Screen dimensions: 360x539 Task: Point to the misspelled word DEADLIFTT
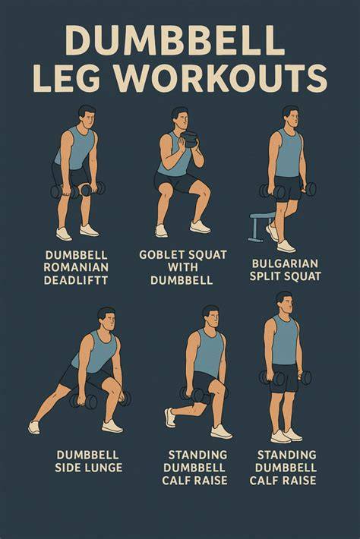click(x=76, y=280)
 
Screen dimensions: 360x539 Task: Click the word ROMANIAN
click(x=77, y=267)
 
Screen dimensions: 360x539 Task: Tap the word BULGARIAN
click(x=285, y=263)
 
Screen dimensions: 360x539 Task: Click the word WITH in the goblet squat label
click(x=183, y=267)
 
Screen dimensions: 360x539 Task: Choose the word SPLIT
click(x=265, y=276)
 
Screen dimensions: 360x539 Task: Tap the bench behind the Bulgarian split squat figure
click(x=261, y=226)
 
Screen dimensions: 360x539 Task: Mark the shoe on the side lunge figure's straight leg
click(x=33, y=427)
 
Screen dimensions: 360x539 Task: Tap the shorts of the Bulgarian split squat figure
click(x=288, y=188)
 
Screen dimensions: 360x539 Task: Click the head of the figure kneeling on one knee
click(x=210, y=317)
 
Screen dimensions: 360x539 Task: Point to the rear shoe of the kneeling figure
click(x=170, y=417)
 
